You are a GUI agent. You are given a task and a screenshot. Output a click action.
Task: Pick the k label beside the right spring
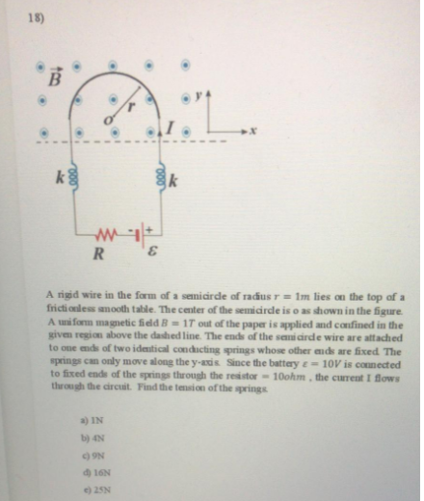(x=174, y=180)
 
